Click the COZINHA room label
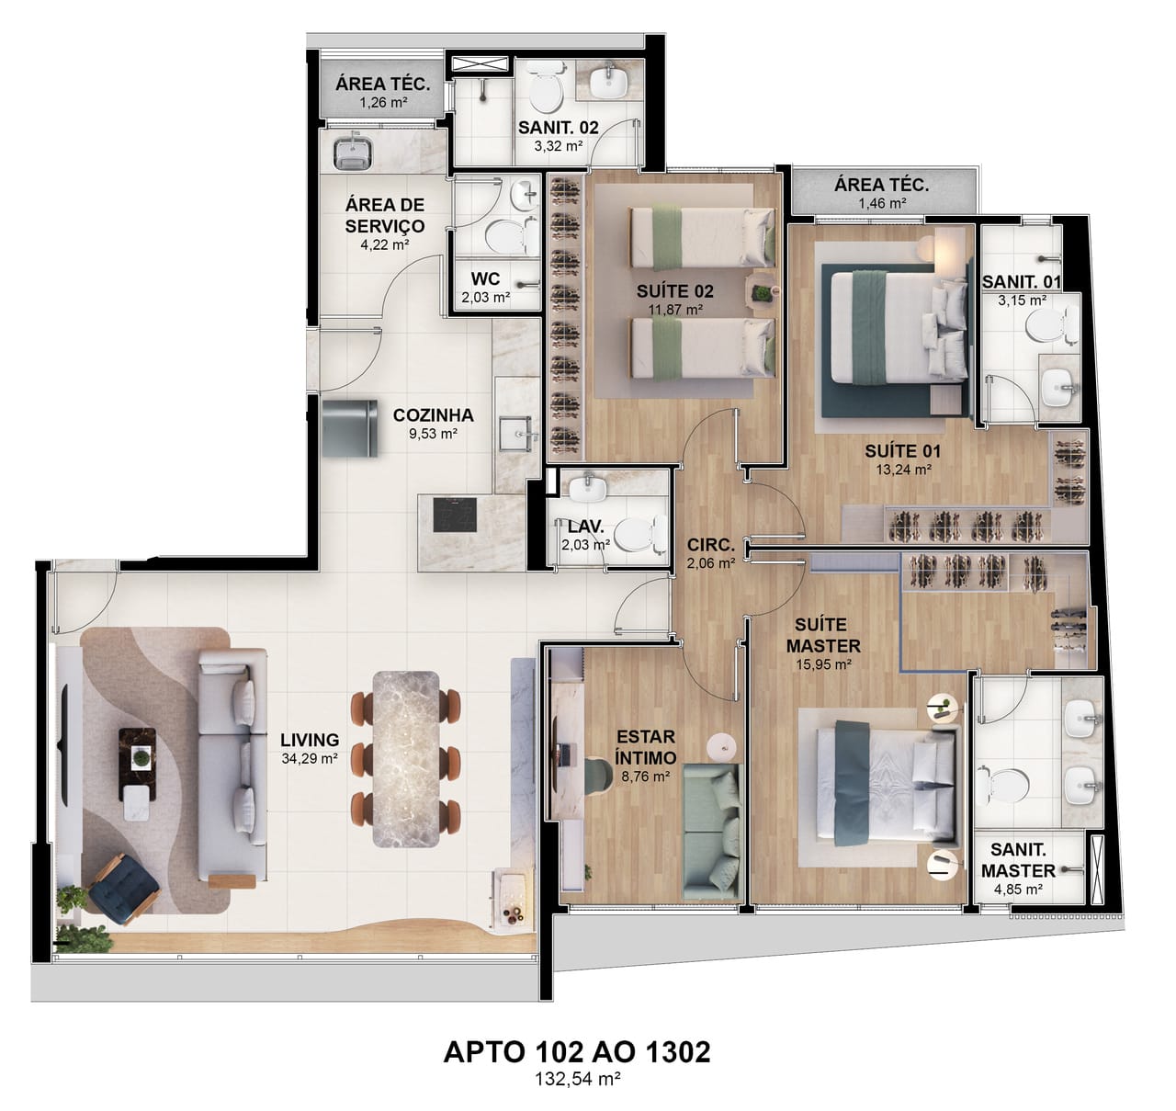point(433,414)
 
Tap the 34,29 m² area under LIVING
point(309,758)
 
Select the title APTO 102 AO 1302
point(577,1052)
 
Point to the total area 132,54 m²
point(577,1079)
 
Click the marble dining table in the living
point(406,758)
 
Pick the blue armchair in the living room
point(123,889)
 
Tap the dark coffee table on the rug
point(138,765)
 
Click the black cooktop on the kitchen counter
point(454,515)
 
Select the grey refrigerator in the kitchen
point(350,428)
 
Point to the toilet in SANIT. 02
point(545,90)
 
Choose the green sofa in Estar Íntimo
point(712,833)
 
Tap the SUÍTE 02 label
point(675,291)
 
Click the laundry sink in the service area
point(353,152)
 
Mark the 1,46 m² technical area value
point(882,203)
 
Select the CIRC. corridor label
point(710,545)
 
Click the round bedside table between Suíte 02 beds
point(761,289)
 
